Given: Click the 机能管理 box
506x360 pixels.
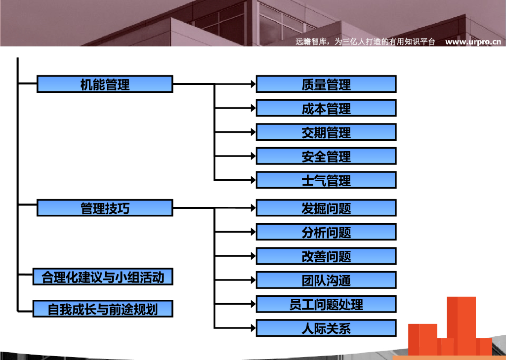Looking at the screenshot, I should tap(105, 84).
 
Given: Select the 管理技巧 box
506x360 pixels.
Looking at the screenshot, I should tap(105, 208).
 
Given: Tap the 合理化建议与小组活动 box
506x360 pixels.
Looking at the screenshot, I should tap(103, 277).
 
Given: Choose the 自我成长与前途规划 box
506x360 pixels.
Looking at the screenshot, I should tap(103, 309).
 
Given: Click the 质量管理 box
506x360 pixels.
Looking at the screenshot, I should tap(326, 84).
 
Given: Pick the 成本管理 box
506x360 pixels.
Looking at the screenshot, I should tap(326, 108).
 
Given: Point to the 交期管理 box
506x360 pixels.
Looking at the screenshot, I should tap(326, 132).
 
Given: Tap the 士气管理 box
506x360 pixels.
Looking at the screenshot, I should tap(326, 180).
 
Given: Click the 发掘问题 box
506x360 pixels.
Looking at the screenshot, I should tap(326, 208).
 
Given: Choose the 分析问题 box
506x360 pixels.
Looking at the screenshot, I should tap(326, 232).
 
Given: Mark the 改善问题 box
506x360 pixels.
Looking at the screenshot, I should tap(326, 256).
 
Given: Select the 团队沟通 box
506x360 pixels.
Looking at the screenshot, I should tap(326, 280).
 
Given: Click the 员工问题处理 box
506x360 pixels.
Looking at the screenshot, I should tap(326, 304).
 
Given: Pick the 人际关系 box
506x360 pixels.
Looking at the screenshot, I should tap(326, 328).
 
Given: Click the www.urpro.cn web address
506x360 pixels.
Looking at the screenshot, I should tap(473, 42).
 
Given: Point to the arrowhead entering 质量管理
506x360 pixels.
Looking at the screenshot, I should tap(253, 84).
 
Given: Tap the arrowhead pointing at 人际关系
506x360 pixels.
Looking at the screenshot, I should tap(253, 328).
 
